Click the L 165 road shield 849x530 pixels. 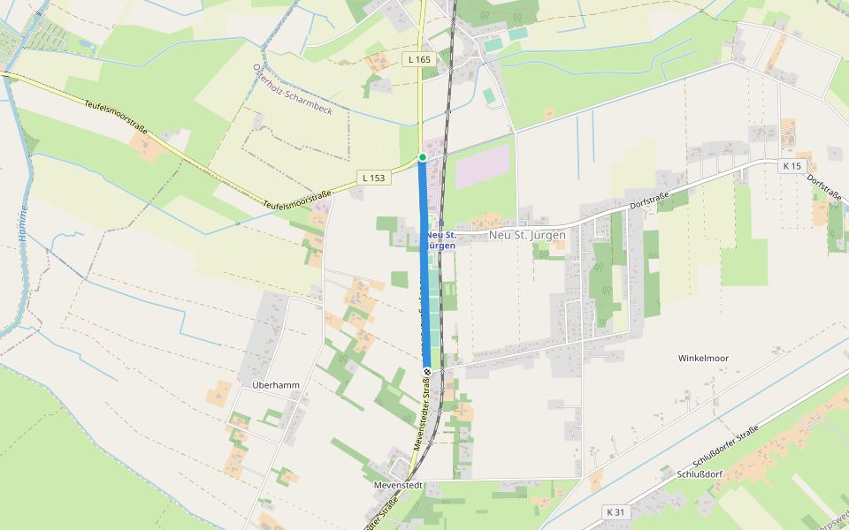click(x=420, y=59)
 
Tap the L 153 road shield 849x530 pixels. click(x=374, y=178)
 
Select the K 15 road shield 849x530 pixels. click(x=791, y=166)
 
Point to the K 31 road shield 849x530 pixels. click(x=616, y=512)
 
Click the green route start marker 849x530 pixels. click(x=423, y=157)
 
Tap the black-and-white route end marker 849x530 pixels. click(x=426, y=371)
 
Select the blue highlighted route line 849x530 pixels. click(x=424, y=265)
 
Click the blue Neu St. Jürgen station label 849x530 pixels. click(x=440, y=239)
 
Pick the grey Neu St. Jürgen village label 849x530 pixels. click(x=527, y=236)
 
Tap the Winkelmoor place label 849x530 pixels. click(x=703, y=358)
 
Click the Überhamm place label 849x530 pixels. click(x=276, y=385)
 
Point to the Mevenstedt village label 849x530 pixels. click(x=399, y=486)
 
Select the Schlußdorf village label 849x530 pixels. click(x=700, y=474)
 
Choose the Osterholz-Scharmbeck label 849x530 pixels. click(x=293, y=89)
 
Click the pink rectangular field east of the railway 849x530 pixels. click(x=482, y=166)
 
